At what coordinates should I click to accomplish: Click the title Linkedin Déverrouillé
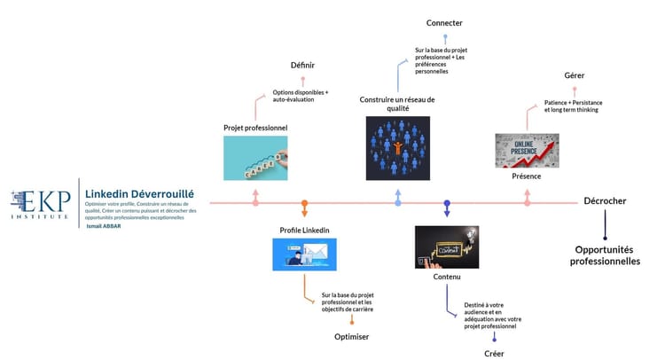point(139,193)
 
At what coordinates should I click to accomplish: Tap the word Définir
point(302,65)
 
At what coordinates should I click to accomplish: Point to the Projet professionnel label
point(255,129)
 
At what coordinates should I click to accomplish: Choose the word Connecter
point(444,22)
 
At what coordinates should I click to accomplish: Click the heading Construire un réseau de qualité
point(397,105)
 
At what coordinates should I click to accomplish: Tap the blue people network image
point(397,143)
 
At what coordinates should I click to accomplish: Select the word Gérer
point(574,75)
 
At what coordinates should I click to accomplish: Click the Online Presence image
point(527,150)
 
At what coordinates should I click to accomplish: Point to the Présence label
point(527,176)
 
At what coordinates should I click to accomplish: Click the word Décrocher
point(605,201)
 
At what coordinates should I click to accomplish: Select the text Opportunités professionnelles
point(605,255)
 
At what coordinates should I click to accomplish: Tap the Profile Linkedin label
point(304,231)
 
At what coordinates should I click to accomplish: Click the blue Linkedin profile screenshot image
point(304,255)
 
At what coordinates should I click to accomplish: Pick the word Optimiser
point(351,337)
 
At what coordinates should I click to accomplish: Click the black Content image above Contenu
point(447,247)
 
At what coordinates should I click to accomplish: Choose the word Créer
point(494,354)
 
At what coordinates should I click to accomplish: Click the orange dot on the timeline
point(304,203)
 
